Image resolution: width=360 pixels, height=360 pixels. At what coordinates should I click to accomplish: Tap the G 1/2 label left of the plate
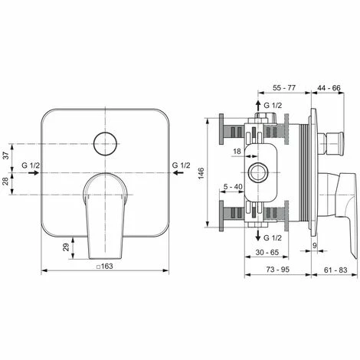pos(31,165)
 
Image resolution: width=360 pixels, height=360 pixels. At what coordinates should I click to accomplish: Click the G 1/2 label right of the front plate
pos(182,165)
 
